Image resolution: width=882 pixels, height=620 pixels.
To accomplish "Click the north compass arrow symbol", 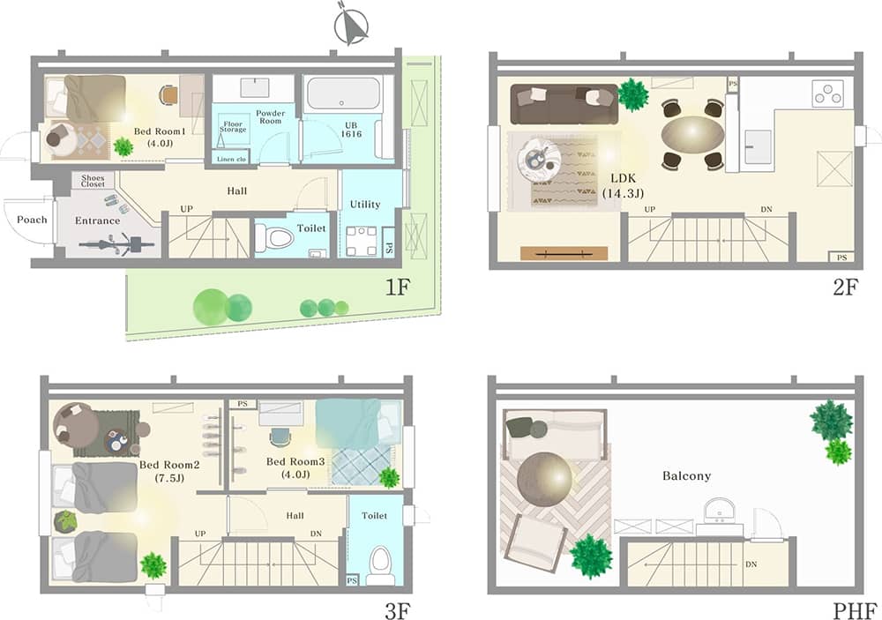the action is [x=351, y=25].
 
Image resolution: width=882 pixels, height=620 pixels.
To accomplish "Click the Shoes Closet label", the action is [x=93, y=181].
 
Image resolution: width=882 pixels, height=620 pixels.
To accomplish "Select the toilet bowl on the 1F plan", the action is [x=275, y=238].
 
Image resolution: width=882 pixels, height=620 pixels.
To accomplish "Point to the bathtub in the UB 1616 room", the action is [x=343, y=93].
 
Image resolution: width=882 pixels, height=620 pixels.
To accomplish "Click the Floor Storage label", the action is [x=233, y=127].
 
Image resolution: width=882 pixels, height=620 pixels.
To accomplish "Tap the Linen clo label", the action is [x=231, y=160].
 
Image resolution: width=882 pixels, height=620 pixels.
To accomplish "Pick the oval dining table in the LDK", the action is [x=692, y=134].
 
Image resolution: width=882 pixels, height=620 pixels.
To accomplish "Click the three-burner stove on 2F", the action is [x=827, y=94].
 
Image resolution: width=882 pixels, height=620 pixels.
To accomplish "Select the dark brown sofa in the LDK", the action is [x=564, y=103].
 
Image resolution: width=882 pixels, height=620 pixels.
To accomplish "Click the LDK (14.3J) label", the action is [x=624, y=186].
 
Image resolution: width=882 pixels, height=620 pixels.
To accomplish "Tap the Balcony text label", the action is [x=686, y=476].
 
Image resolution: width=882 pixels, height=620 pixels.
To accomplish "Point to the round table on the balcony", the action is [x=544, y=479].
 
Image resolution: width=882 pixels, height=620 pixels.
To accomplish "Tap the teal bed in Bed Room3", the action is [x=358, y=423].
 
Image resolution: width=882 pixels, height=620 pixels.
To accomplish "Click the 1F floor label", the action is [x=398, y=288].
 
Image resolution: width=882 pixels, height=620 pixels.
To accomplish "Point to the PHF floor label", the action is [x=855, y=610].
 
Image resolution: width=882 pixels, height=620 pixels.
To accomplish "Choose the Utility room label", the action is [x=365, y=205].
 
